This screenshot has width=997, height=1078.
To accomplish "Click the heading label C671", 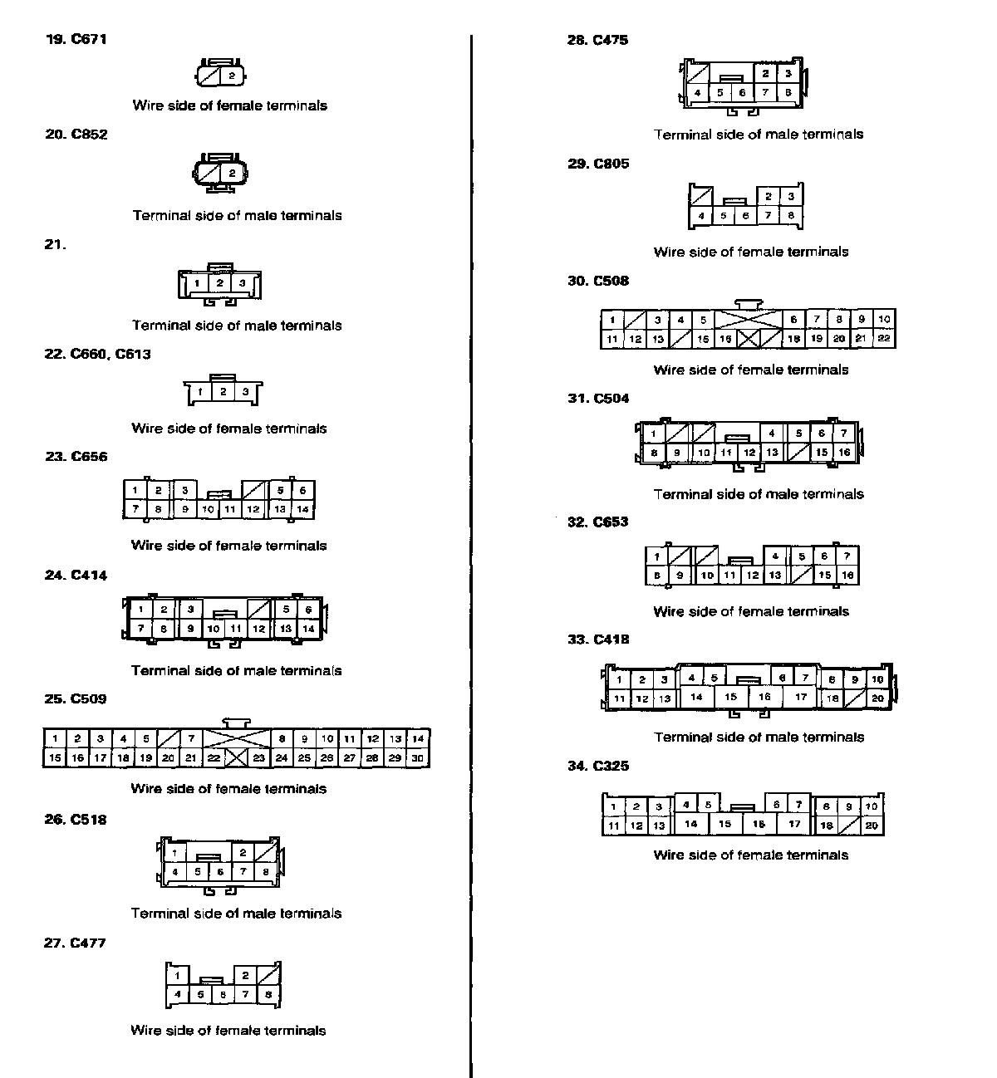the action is click(x=89, y=39).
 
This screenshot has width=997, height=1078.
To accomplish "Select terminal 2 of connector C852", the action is click(x=232, y=174).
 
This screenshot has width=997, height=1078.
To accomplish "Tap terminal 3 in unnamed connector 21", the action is click(x=243, y=283).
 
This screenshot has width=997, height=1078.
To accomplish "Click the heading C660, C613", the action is click(x=111, y=354).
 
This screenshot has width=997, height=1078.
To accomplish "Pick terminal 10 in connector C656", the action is click(x=208, y=509).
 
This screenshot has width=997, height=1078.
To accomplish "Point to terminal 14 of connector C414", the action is click(x=308, y=629).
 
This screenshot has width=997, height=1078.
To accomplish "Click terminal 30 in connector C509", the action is click(x=418, y=757).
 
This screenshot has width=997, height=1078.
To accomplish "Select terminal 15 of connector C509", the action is click(x=55, y=757).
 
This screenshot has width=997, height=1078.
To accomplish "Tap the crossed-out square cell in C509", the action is click(x=236, y=757).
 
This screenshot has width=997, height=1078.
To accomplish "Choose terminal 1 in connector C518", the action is click(x=174, y=853).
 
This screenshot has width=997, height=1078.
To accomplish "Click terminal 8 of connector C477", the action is click(x=268, y=994).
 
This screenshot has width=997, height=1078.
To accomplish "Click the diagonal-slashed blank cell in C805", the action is click(x=702, y=197).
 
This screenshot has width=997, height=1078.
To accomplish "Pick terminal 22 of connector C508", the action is click(x=884, y=339).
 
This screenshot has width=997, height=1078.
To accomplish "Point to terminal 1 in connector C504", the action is click(x=654, y=434).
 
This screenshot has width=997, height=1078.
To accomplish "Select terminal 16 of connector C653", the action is click(x=847, y=575).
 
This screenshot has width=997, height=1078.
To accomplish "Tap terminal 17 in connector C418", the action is click(x=801, y=698).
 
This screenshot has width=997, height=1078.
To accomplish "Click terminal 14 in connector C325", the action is click(x=691, y=825).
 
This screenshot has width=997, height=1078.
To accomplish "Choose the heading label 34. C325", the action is click(x=598, y=766).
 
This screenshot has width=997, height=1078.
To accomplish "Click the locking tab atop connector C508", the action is click(x=748, y=303).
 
